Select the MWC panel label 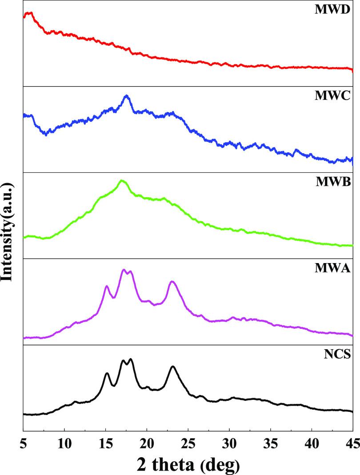click(x=339, y=95)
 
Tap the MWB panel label click(x=339, y=181)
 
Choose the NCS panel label click(x=341, y=354)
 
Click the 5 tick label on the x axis click(x=23, y=442)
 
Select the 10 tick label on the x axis click(x=64, y=442)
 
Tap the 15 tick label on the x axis click(x=106, y=442)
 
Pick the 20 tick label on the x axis click(x=147, y=442)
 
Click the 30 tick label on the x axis click(x=229, y=442)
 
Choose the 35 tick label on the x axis click(x=271, y=442)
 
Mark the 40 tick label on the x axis click(x=312, y=442)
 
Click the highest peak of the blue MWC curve click(x=127, y=96)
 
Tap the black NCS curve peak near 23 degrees click(x=173, y=367)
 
